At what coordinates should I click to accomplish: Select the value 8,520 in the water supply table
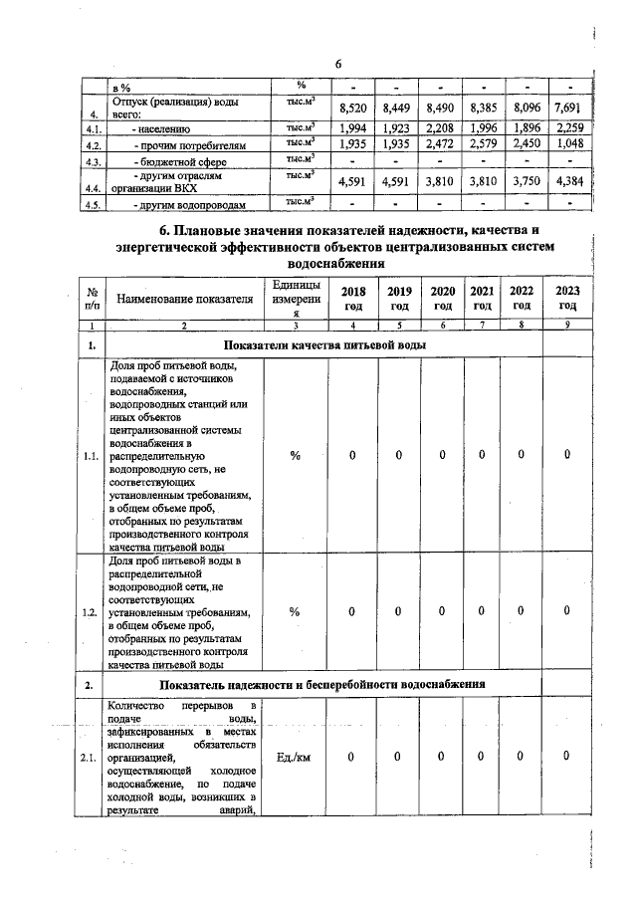click(x=354, y=108)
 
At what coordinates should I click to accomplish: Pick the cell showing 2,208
click(x=439, y=127)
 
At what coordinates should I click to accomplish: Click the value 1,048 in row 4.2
click(x=567, y=144)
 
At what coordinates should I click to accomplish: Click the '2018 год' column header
click(x=353, y=298)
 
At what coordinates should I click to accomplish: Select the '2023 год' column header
click(x=567, y=298)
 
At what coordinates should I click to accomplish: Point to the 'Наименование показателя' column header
click(x=185, y=298)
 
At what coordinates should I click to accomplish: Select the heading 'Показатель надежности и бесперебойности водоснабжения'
click(x=320, y=685)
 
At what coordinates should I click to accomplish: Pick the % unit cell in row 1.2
click(x=295, y=611)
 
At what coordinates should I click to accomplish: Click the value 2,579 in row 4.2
click(x=482, y=144)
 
